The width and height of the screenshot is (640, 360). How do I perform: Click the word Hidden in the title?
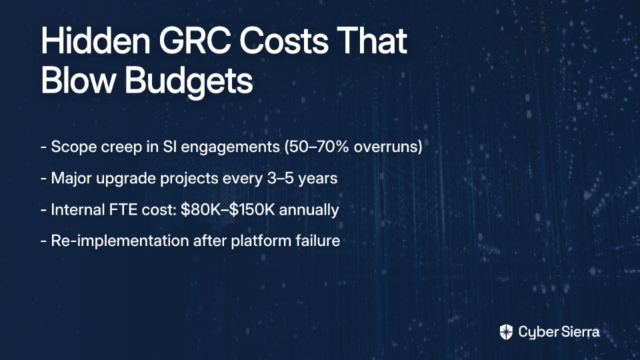[x=95, y=41]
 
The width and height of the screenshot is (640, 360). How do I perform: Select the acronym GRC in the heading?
[x=195, y=41]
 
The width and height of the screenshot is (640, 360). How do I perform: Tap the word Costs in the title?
[x=284, y=41]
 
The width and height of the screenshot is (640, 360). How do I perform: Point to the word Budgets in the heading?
[x=189, y=81]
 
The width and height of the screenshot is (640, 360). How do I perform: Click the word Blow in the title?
[x=79, y=81]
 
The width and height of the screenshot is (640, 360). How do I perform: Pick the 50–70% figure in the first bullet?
[x=316, y=147]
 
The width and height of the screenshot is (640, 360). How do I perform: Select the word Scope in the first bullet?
[x=74, y=147]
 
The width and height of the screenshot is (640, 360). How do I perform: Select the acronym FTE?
[x=123, y=210]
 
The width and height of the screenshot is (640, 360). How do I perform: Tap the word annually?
[x=309, y=210]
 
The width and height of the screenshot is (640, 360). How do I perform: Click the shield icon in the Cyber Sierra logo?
[x=506, y=332]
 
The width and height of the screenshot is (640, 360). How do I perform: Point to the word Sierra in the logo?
[x=579, y=332]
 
